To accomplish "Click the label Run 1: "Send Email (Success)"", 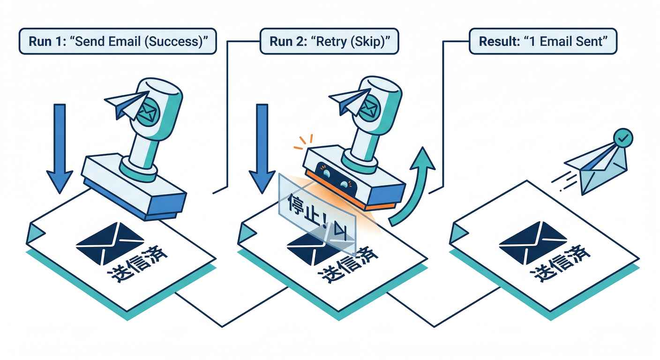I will point(118,41).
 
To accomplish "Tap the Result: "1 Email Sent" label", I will point(543,41).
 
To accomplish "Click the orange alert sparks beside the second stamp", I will point(301,142).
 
